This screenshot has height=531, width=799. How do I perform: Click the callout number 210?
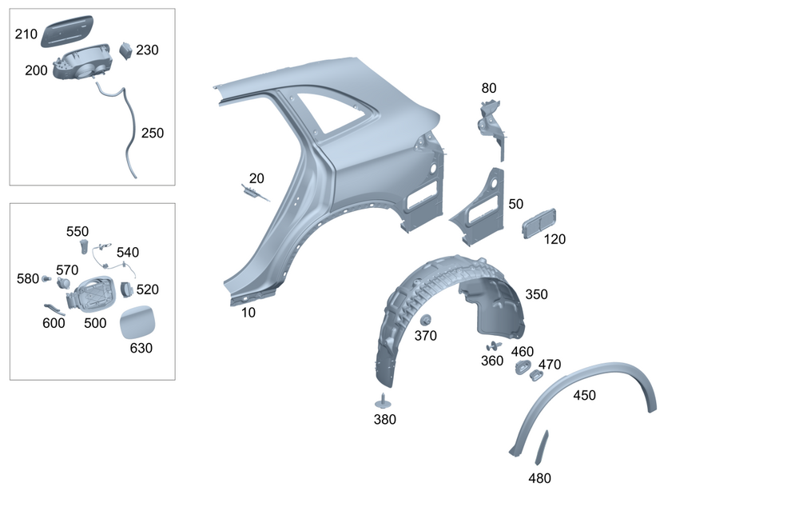click(26, 34)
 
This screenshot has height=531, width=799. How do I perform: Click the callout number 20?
click(256, 178)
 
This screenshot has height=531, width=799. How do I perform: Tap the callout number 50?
click(516, 204)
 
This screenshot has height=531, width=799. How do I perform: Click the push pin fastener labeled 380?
click(385, 401)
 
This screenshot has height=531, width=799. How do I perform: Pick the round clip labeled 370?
click(425, 320)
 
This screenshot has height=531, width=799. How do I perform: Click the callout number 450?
click(584, 394)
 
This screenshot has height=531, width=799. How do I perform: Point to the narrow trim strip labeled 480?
click(542, 448)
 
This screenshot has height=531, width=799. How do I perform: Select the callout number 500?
click(95, 323)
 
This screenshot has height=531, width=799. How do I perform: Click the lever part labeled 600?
click(54, 309)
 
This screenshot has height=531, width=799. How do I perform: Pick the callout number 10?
click(248, 313)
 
